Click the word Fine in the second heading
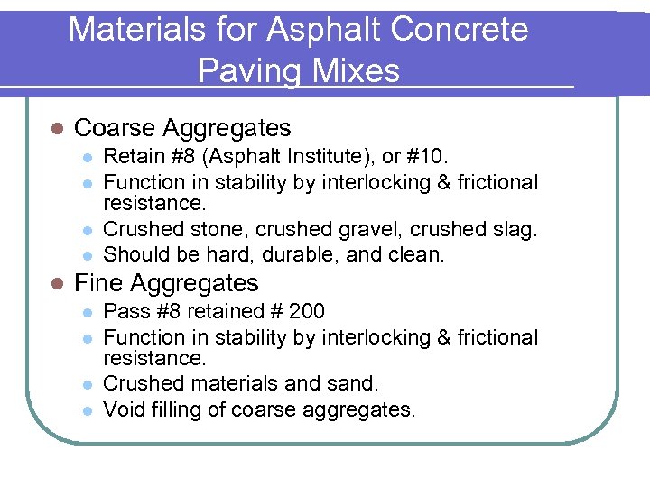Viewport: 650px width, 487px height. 99,283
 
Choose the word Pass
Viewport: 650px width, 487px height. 124,312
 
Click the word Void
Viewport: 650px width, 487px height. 124,410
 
